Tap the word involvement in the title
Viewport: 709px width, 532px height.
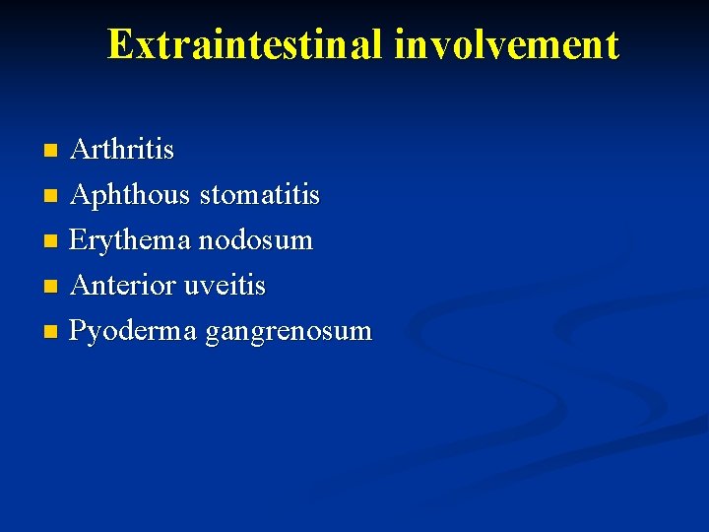[x=508, y=45]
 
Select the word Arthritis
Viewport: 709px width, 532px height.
[x=123, y=150]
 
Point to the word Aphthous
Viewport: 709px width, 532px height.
[x=131, y=195]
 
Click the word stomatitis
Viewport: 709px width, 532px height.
[x=260, y=195]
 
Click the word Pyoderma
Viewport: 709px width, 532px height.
[x=134, y=331]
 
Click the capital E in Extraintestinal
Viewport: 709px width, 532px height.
[x=120, y=44]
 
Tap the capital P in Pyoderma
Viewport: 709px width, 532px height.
[x=79, y=330]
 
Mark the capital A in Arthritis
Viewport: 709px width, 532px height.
[x=82, y=150]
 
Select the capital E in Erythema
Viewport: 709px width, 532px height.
[x=79, y=240]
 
